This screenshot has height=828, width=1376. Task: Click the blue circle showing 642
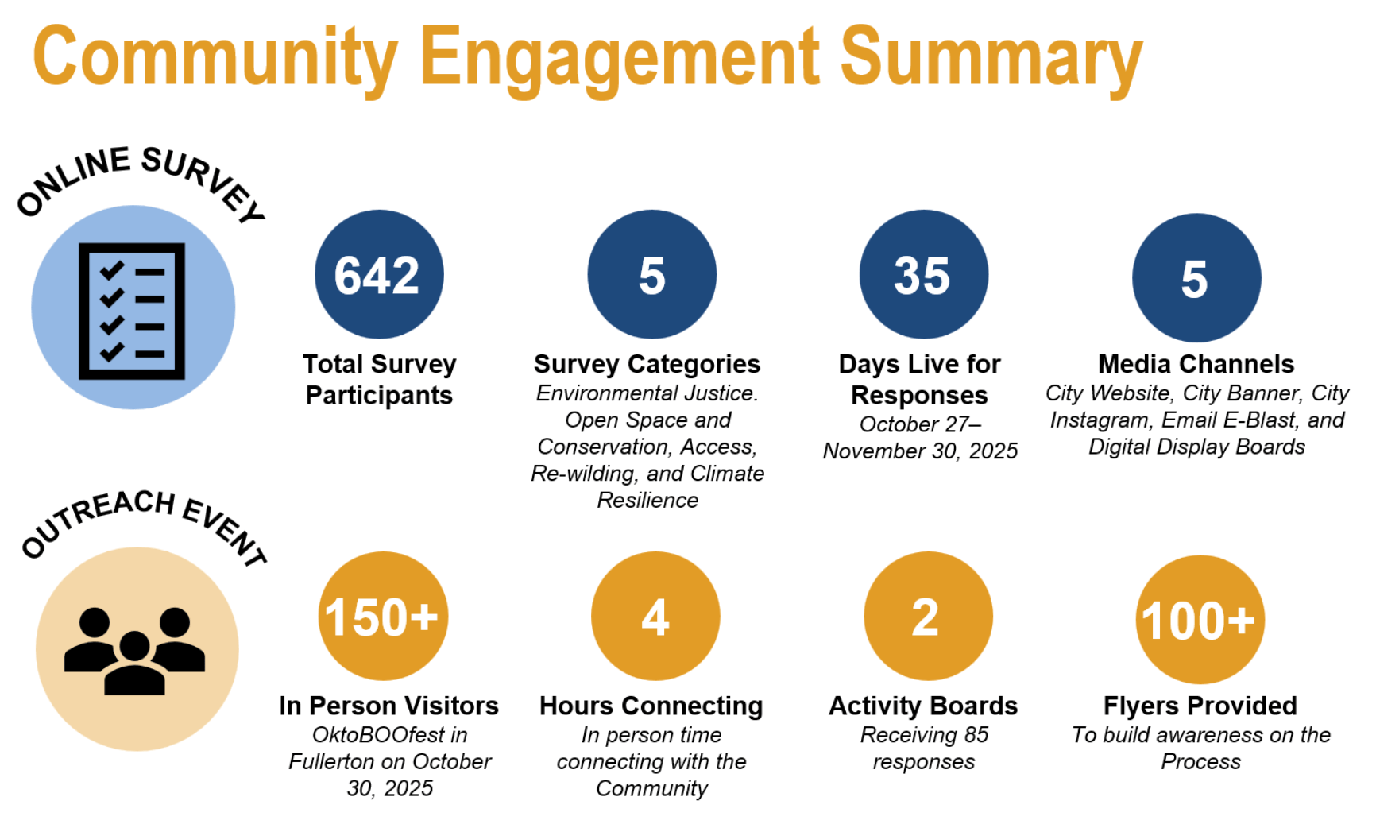pyautogui.click(x=379, y=274)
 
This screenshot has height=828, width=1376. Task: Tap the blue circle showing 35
pyautogui.click(x=923, y=274)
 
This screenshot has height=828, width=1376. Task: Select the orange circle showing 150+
pyautogui.click(x=383, y=616)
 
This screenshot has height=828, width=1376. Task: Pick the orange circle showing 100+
pyautogui.click(x=1200, y=619)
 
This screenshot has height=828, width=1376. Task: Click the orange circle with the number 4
pyautogui.click(x=655, y=616)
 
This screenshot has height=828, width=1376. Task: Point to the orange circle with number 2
pyautogui.click(x=928, y=616)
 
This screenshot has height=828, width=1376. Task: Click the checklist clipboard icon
pyautogui.click(x=132, y=311)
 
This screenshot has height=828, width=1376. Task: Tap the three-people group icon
pyautogui.click(x=135, y=651)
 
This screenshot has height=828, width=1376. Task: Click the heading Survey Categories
pyautogui.click(x=647, y=364)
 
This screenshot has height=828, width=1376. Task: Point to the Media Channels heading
pyautogui.click(x=1196, y=364)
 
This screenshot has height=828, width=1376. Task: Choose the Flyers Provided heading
pyautogui.click(x=1200, y=706)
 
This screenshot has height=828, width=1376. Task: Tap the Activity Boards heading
pyautogui.click(x=923, y=706)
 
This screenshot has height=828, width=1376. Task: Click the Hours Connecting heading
pyautogui.click(x=651, y=706)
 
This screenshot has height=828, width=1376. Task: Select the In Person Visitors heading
pyautogui.click(x=389, y=706)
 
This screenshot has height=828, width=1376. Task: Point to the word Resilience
pyautogui.click(x=647, y=500)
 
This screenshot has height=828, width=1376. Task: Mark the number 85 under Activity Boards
pyautogui.click(x=976, y=735)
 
